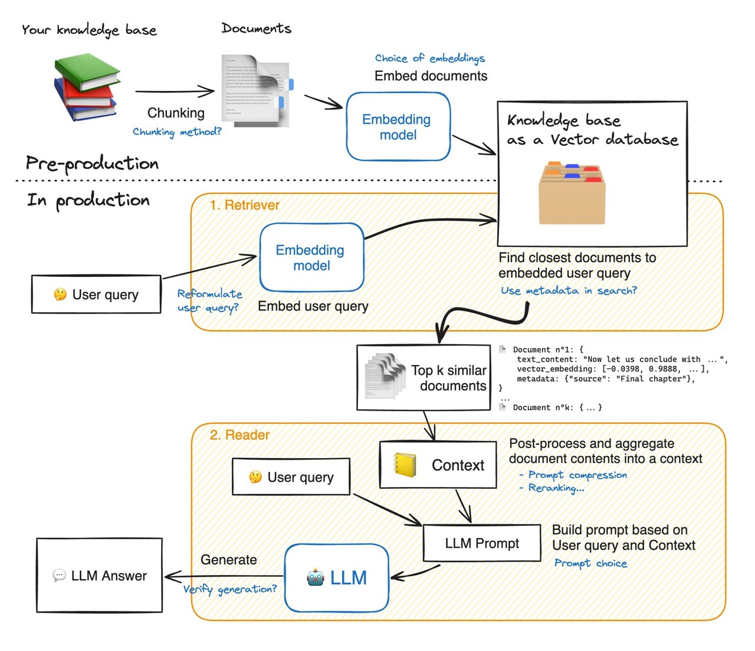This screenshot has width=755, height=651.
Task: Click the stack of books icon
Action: pos(87,87)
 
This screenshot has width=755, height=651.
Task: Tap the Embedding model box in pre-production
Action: pos(398,127)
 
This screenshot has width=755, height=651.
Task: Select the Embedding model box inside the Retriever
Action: pos(311,257)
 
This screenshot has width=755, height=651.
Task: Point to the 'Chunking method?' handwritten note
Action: pos(177,132)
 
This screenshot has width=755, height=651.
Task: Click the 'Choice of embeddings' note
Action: pos(429,58)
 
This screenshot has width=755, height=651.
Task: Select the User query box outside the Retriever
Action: pos(96,294)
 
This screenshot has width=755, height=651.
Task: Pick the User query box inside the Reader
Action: pos(291,477)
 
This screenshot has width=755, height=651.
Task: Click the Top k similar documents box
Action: pos(424,378)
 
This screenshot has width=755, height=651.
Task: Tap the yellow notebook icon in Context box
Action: pos(405,465)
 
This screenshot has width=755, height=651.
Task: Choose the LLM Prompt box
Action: pos(482,543)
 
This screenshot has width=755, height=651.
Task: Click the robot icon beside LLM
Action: pos(316,577)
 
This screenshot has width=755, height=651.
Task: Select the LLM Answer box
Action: pos(99,575)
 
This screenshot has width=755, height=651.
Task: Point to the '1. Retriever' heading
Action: pos(244,205)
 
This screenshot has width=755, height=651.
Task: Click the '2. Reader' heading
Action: pos(239,435)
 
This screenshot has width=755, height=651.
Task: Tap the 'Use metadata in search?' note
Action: pos(569,290)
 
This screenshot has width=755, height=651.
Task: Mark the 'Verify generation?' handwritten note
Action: pos(229,589)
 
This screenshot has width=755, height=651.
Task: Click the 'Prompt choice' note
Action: pos(590,563)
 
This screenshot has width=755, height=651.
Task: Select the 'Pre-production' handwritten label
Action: pos(92,163)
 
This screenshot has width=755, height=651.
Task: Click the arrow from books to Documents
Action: pos(175,91)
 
